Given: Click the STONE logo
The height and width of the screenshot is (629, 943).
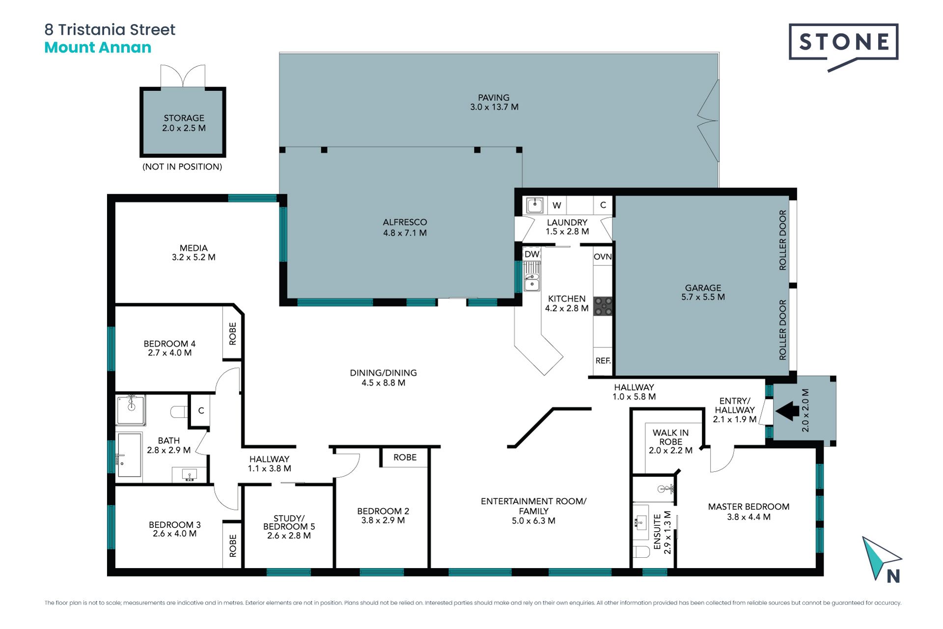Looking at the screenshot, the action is point(843,47).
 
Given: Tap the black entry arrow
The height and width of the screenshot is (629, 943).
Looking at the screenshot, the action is point(787,411).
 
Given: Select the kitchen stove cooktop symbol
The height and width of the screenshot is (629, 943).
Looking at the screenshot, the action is point(603,306).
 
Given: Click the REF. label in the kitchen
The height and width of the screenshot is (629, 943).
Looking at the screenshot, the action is point(603,361).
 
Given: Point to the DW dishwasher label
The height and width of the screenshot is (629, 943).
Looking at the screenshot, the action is point(532,254).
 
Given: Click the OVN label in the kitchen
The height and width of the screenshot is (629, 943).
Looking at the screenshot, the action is point(603,257).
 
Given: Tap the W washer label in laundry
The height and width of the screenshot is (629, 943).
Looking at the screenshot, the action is point(556,205).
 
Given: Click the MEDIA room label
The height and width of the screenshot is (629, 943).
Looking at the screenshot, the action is point(194,248).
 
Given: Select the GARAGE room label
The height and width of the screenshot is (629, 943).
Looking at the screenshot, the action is point(703,288).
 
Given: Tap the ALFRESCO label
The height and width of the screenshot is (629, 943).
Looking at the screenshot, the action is point(405,222).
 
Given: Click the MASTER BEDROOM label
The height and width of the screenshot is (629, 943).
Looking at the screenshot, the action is point(749,507).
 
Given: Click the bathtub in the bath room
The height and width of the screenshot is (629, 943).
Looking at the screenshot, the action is point(130,455).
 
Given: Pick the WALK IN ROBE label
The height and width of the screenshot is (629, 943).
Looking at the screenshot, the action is point(670,437).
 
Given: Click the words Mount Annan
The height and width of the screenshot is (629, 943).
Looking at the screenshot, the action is point(98,48).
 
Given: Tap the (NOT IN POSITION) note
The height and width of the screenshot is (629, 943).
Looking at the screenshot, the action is point(182,167).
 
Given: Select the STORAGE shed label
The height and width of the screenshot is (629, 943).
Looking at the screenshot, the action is point(184,118).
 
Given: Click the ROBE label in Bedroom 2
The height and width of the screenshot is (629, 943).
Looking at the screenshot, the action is point(405,457).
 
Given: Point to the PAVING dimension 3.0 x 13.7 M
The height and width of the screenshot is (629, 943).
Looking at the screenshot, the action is point(494,107).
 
